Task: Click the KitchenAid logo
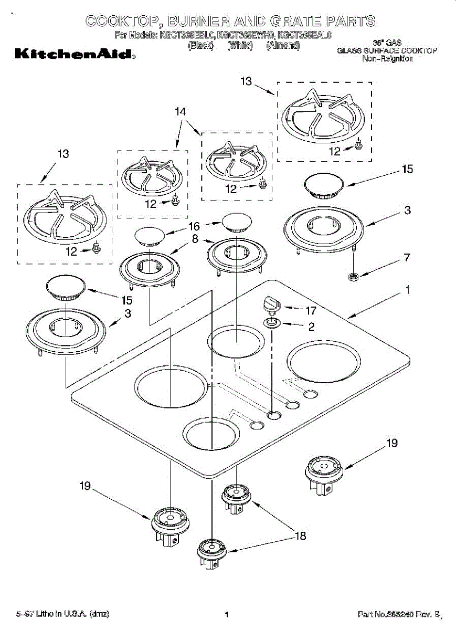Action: [75, 54]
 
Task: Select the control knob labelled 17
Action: [272, 303]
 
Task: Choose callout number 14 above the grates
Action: [180, 112]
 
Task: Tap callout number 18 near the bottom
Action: [300, 536]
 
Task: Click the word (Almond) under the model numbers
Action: [283, 46]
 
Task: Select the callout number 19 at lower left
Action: [86, 487]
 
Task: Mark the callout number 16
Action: [194, 227]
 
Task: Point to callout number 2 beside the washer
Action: [311, 327]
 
